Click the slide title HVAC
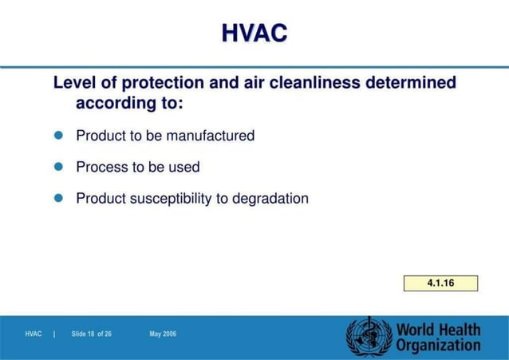point(254,33)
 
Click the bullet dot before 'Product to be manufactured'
point(57,135)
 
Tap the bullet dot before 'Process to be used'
point(57,167)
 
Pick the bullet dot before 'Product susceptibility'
point(57,198)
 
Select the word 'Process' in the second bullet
point(102,168)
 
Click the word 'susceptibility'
point(171,199)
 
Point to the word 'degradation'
point(270,199)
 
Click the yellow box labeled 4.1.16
point(440,283)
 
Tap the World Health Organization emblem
point(369,336)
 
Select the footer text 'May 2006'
point(163,334)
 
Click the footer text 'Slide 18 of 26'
point(92,334)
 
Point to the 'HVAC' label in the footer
point(34,334)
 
